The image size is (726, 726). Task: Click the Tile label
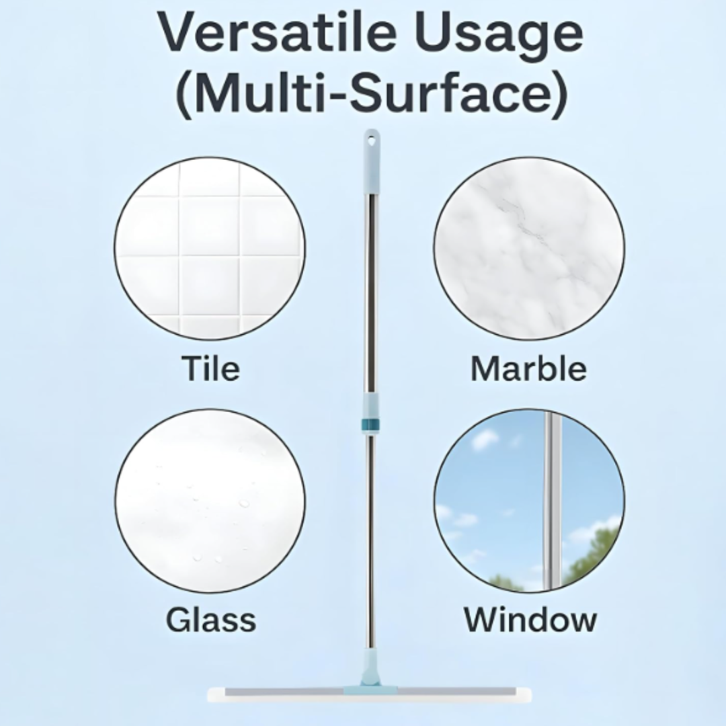210,368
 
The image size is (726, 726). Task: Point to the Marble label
528,368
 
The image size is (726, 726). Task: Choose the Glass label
210,619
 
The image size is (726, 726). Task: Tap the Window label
530,619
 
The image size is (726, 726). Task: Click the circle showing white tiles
210,249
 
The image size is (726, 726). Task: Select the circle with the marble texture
529,249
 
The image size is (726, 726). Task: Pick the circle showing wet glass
210,501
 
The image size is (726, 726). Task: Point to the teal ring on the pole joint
370,424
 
